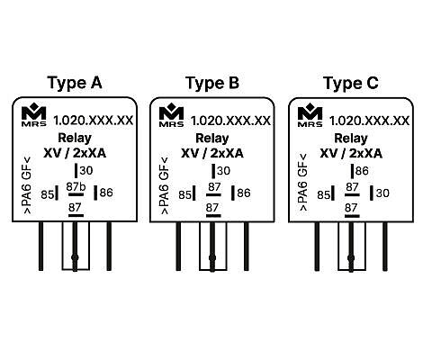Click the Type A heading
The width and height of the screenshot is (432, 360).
75,83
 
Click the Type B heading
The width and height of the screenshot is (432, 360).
212,83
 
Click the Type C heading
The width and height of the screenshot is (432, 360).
351,83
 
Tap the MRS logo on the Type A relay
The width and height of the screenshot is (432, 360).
34,114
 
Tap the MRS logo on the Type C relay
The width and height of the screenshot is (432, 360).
310,115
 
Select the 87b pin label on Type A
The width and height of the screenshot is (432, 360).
76,187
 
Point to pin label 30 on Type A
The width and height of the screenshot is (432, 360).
86,171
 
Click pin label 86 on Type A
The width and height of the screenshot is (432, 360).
106,193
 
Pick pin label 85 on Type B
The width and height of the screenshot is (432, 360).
184,195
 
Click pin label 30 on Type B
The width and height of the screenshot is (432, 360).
224,171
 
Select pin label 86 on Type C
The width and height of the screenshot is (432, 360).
362,171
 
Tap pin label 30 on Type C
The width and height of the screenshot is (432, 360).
382,193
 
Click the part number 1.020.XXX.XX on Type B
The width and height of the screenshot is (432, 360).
230,121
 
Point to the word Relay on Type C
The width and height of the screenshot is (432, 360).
351,139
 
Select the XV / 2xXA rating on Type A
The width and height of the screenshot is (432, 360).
75,153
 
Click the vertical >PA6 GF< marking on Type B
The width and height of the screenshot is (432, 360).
165,186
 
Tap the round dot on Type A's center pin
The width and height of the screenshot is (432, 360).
75,257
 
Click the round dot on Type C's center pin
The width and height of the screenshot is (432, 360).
351,258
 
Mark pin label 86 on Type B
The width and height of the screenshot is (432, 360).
244,193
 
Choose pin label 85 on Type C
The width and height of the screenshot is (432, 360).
323,195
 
